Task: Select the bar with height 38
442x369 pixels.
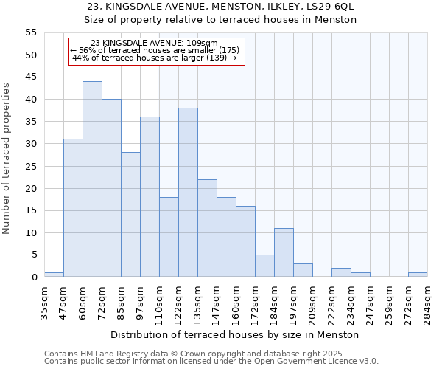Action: [188, 193]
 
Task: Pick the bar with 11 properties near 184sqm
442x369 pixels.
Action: [284, 252]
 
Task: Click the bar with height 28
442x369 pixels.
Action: [130, 215]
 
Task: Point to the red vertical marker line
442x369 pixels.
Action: [158, 170]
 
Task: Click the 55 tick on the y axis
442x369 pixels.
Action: [30, 32]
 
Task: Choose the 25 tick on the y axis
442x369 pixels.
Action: [30, 166]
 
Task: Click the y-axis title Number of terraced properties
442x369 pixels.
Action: [7, 158]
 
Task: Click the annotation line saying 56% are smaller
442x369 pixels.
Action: [155, 50]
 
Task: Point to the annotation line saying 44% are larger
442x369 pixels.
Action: [155, 58]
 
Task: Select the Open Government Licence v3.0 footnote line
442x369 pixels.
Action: [211, 362]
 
